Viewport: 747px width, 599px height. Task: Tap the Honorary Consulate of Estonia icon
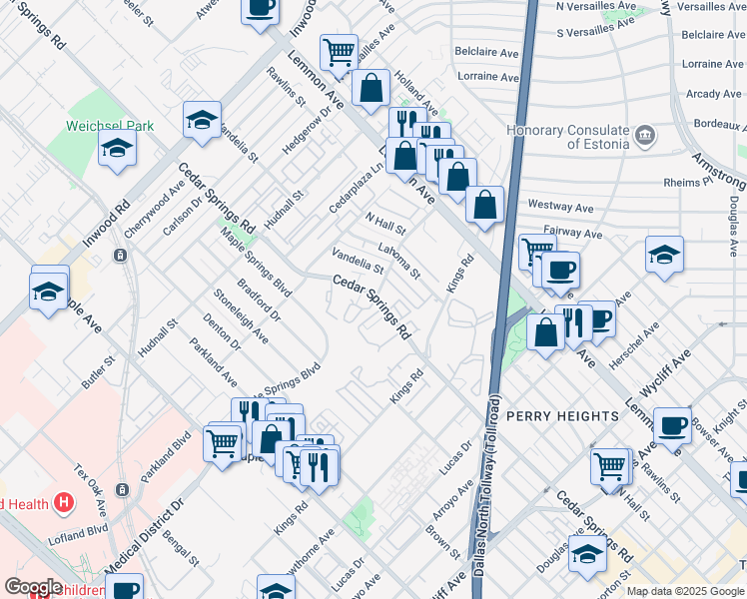point(645,134)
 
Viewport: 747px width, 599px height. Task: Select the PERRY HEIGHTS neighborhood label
point(562,415)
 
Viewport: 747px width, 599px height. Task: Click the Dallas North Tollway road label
point(494,469)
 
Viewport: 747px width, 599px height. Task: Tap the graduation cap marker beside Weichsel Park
point(117,150)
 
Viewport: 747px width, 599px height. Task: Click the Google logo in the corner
point(33,587)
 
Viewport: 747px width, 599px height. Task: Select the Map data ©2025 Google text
point(685,591)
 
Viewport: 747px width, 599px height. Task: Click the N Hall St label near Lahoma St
point(384,224)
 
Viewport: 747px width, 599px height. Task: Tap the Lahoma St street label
point(399,261)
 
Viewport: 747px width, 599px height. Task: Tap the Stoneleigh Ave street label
point(241,316)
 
